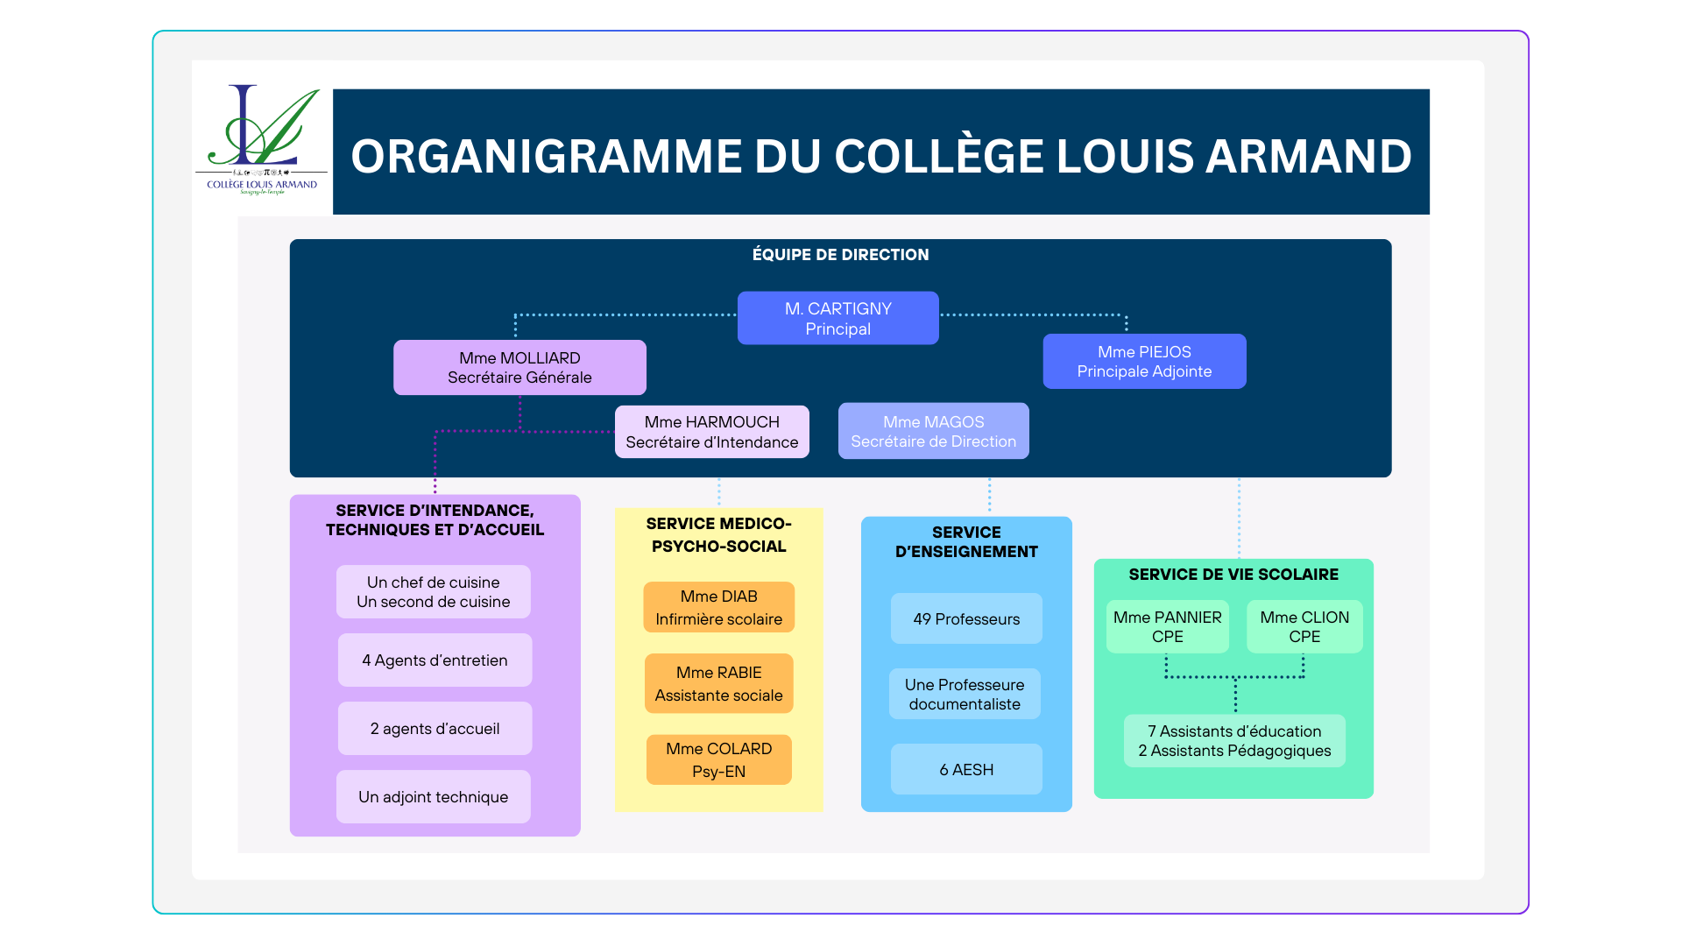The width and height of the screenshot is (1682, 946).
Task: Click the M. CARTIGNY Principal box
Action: tap(837, 318)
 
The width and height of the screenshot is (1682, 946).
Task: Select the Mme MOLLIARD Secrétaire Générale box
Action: tap(519, 368)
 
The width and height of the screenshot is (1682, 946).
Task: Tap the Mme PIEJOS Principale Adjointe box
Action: tap(1144, 361)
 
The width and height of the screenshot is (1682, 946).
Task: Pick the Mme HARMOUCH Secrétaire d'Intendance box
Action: tap(711, 432)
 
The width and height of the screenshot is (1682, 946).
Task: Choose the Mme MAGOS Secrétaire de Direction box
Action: tap(933, 431)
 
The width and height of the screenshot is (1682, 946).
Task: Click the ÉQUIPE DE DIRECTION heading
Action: tap(840, 255)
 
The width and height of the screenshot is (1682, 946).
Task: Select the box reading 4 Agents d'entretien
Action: tap(435, 660)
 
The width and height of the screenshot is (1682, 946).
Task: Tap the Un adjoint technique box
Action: tap(433, 797)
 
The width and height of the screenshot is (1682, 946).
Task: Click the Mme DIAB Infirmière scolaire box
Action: tap(718, 607)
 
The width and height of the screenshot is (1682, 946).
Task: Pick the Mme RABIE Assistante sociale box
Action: tap(718, 683)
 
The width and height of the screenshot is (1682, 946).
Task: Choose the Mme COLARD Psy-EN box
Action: tap(718, 759)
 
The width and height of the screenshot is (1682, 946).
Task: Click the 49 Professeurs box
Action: tap(966, 619)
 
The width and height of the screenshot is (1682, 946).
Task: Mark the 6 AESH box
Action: tap(966, 769)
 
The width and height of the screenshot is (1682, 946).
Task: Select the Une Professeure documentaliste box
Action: tap(965, 694)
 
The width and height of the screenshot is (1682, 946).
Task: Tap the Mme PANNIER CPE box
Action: tap(1167, 626)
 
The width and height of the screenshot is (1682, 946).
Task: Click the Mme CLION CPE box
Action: tap(1304, 626)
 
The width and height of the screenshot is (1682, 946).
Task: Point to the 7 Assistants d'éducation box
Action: tap(1234, 741)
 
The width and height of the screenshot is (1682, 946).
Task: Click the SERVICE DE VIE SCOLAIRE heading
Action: tap(1233, 575)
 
